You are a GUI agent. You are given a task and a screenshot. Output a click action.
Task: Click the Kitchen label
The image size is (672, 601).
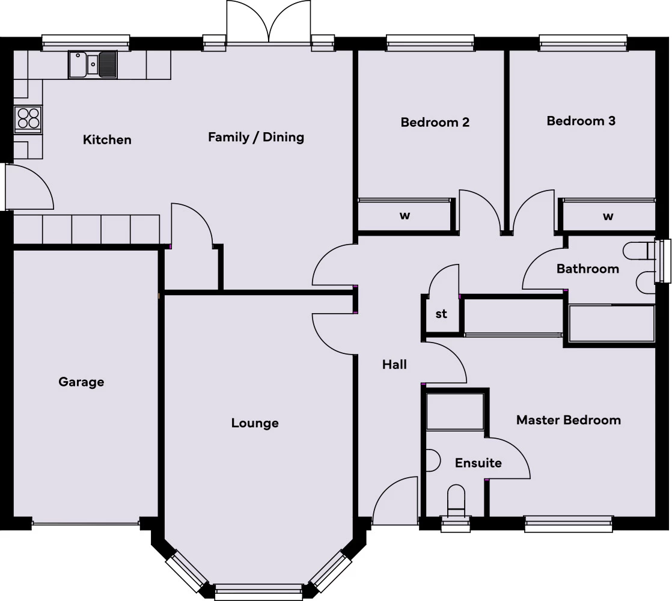coord(107,140)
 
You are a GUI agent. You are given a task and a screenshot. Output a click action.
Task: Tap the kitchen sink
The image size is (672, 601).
coord(93,64)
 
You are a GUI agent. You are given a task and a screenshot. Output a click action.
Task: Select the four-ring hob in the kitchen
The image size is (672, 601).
coord(28,118)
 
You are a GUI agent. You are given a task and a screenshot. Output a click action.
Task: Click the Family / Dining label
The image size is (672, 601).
coord(256,137)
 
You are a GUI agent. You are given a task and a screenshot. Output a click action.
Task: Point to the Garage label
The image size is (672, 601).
coord(81,382)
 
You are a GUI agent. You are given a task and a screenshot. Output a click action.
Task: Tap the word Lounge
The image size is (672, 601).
coord(255,423)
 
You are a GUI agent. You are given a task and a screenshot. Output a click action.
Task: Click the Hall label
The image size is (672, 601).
coord(394,364)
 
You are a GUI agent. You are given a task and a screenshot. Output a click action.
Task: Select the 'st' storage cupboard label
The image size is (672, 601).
coord(441,314)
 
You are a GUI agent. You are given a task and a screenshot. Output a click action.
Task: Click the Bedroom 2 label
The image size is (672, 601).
coord(435,123)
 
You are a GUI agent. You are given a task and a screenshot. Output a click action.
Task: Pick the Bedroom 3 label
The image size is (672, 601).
coord(581,121)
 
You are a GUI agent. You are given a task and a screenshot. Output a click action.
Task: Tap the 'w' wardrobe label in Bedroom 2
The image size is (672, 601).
coord(405,216)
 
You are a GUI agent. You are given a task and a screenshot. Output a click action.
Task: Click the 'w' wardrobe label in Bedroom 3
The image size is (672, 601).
coord(608,216)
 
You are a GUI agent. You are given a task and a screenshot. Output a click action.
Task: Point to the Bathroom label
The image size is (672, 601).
coord(587,269)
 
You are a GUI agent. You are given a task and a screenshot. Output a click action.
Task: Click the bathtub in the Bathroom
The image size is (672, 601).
coord(611,324)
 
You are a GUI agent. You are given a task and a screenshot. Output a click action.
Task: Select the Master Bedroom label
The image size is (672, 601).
coord(568,420)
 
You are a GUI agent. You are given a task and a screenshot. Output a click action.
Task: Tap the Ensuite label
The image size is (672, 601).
coord(478,463)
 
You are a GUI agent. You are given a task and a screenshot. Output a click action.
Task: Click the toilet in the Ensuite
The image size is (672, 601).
coord(456,499)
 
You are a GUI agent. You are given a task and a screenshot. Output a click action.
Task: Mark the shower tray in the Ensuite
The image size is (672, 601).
coord(455,412)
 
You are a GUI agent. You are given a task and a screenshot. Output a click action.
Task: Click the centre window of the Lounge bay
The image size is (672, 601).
coord(258,591)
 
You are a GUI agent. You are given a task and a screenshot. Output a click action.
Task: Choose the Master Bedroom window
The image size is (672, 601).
coord(569,523)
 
